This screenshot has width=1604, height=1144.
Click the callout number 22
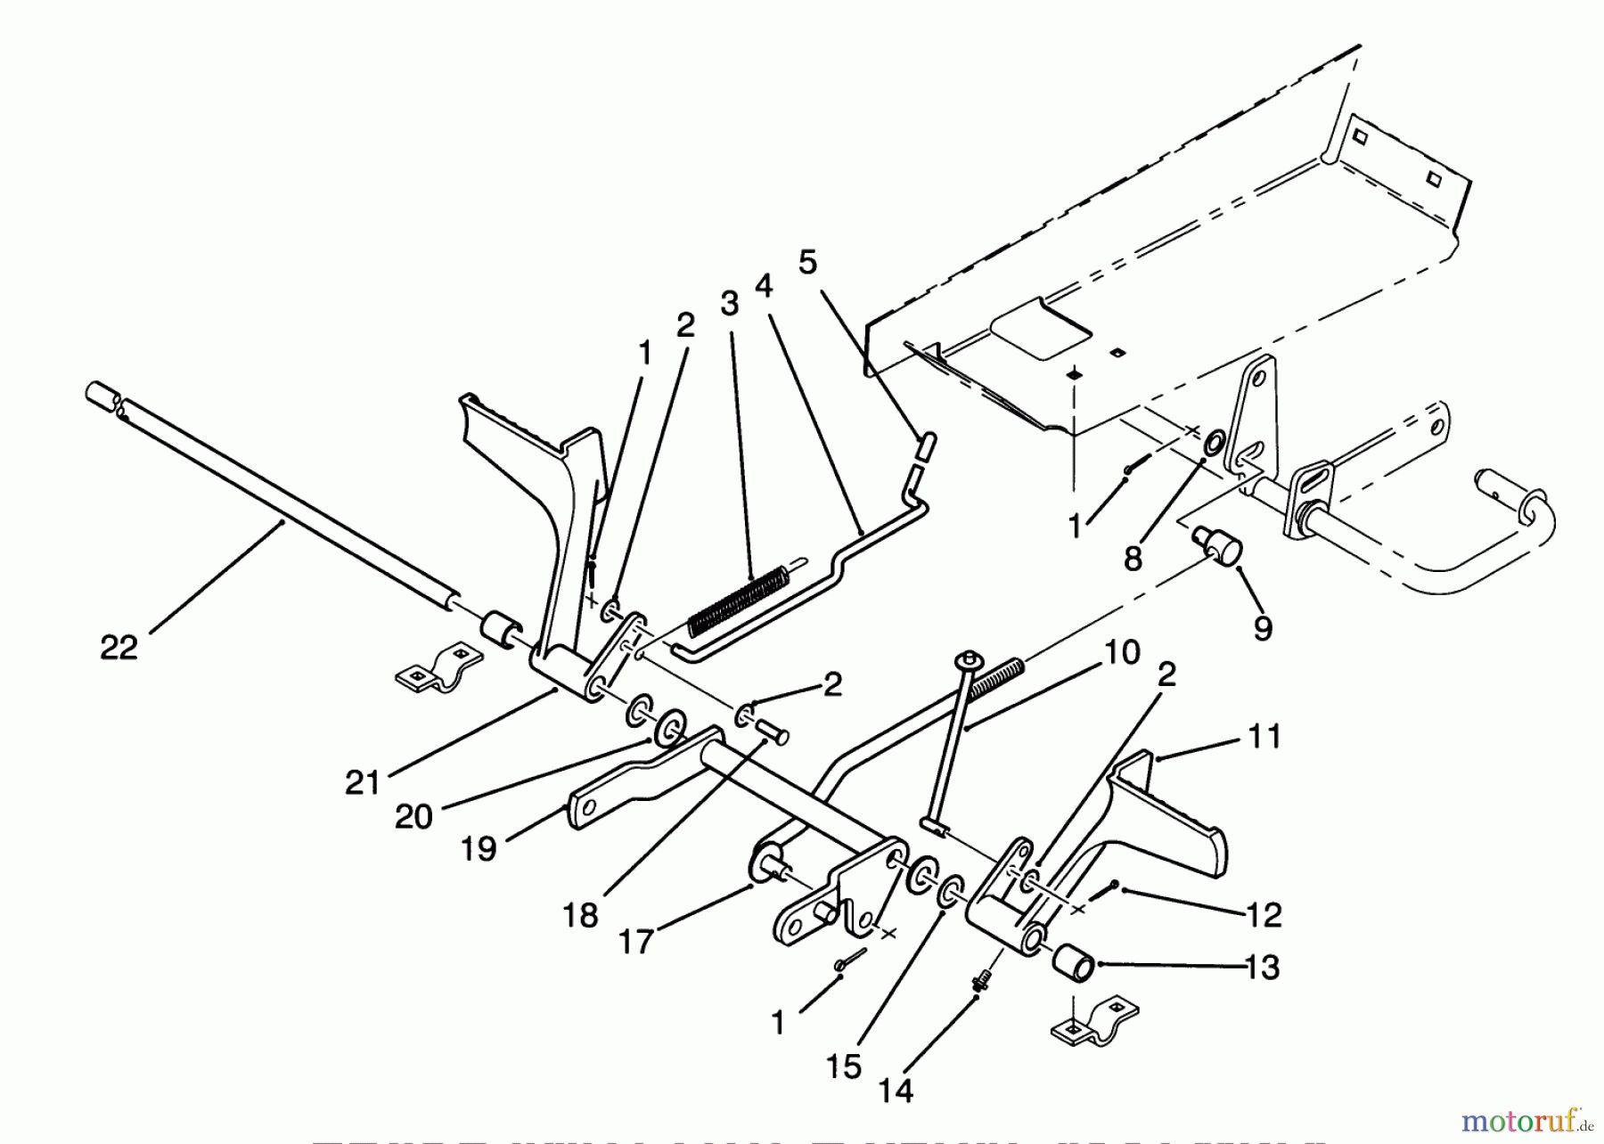pos(119,648)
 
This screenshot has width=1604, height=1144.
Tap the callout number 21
pos(363,783)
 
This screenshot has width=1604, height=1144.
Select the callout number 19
pos(479,849)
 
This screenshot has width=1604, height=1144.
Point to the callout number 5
pos(807,263)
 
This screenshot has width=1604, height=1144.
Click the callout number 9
pos(1263,629)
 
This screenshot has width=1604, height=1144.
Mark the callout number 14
pos(896,1091)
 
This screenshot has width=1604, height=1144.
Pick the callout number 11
pos(1264,737)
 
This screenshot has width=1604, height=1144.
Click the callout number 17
pos(636,942)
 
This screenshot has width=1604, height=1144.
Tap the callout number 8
pos(1132,559)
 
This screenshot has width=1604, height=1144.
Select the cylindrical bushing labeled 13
pos(1074,963)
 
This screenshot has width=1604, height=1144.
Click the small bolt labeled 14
pos(981,983)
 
